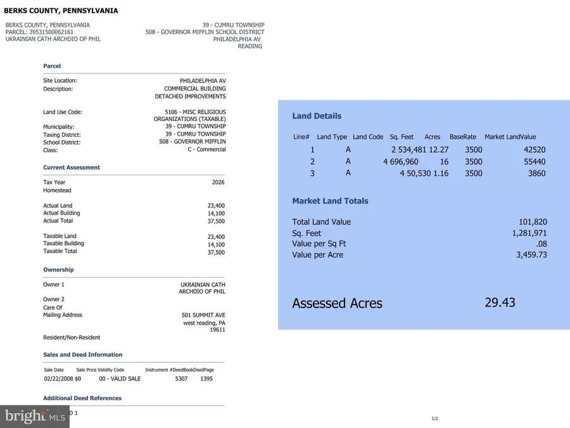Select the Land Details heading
(x=317, y=116)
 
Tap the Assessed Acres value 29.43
(x=500, y=302)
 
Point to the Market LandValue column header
(x=510, y=137)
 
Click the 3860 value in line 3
(x=536, y=173)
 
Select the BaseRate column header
(x=463, y=137)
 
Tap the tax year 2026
(x=218, y=183)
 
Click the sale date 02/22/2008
(x=58, y=379)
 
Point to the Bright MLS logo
(x=35, y=417)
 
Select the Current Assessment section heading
(x=72, y=167)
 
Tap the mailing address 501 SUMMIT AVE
(x=203, y=315)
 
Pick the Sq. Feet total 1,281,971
(x=529, y=233)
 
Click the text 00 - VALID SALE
(x=120, y=379)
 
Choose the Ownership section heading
(x=58, y=270)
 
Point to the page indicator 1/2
(x=435, y=418)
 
